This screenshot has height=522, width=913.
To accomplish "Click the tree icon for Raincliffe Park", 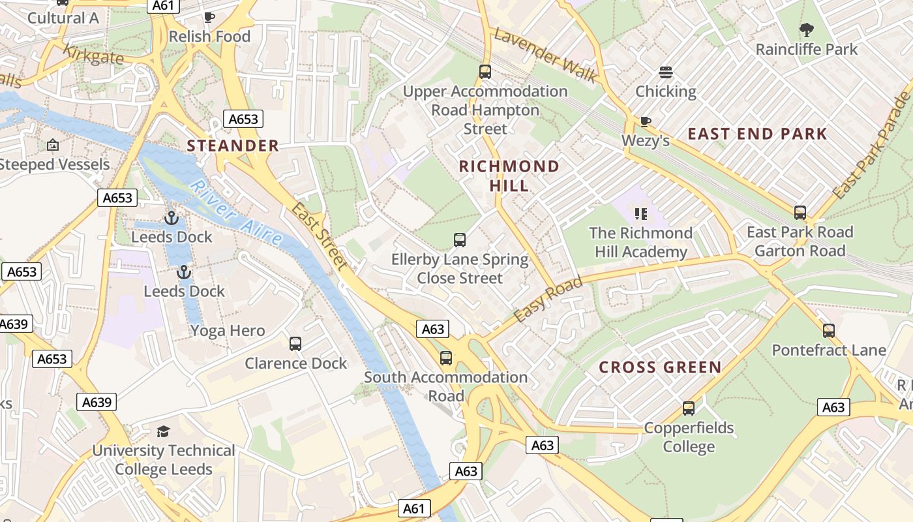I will click(806, 29).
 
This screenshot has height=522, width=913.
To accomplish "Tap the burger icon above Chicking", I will click(666, 72).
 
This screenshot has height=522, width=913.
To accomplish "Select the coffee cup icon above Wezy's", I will click(645, 121).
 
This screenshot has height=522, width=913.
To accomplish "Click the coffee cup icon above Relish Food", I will click(209, 17).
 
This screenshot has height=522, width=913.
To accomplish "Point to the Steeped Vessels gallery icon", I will click(53, 145).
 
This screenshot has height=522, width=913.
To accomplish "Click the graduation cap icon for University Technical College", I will click(162, 431).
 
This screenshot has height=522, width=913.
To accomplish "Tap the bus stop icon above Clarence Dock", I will click(295, 343).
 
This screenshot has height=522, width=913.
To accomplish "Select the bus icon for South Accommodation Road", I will click(446, 358).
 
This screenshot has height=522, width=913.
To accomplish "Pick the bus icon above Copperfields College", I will click(689, 408).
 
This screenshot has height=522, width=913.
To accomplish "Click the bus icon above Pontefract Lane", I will click(829, 331).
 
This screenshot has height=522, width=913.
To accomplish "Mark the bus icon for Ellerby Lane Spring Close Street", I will click(460, 240).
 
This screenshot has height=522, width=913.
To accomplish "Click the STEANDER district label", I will click(233, 146).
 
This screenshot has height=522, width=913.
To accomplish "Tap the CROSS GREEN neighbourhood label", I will click(660, 367).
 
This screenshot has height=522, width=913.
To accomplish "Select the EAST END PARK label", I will click(757, 134).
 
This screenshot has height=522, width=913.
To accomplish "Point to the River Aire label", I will click(237, 213).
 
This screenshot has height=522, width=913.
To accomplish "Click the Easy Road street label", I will click(547, 299).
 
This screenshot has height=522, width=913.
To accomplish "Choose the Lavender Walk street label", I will click(545, 55).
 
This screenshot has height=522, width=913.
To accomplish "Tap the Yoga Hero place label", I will click(228, 331).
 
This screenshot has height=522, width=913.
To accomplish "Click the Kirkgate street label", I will click(93, 54).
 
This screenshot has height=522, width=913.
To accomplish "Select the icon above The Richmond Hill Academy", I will click(640, 213).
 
